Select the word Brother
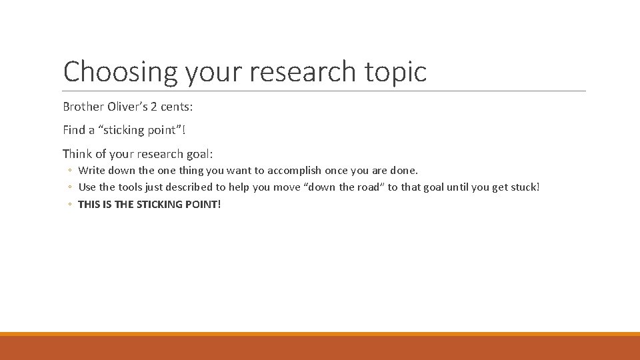point(83,107)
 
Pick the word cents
point(176,107)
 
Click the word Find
point(73,130)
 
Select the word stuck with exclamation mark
point(525,187)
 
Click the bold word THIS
point(89,204)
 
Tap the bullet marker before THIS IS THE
point(69,205)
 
